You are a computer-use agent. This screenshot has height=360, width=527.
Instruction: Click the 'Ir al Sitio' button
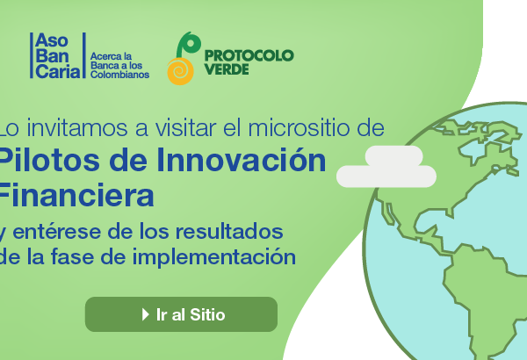click(181, 314)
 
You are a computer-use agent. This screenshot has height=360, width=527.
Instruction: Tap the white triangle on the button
click(145, 314)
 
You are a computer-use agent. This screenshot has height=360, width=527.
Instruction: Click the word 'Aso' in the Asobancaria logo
click(52, 40)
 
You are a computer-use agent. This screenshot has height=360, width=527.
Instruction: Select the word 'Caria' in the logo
click(58, 71)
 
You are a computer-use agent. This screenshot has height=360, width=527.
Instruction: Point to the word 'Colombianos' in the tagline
click(119, 75)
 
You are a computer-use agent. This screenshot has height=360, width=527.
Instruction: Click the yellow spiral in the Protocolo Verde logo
click(180, 71)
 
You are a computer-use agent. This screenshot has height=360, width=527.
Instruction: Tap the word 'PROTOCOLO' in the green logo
click(249, 55)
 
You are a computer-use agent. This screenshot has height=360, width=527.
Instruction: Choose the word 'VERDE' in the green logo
click(227, 69)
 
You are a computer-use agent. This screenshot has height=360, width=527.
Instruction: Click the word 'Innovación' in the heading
click(242, 160)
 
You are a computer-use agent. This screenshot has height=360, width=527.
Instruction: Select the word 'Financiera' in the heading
click(76, 195)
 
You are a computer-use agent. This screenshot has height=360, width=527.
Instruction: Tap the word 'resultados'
click(229, 231)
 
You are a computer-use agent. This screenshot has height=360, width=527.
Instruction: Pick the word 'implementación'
click(214, 258)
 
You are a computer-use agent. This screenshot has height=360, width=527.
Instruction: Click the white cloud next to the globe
click(386, 166)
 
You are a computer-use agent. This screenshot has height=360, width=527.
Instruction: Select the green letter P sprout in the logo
click(188, 45)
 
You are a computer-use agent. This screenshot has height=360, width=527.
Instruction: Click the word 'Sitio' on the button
click(207, 314)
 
